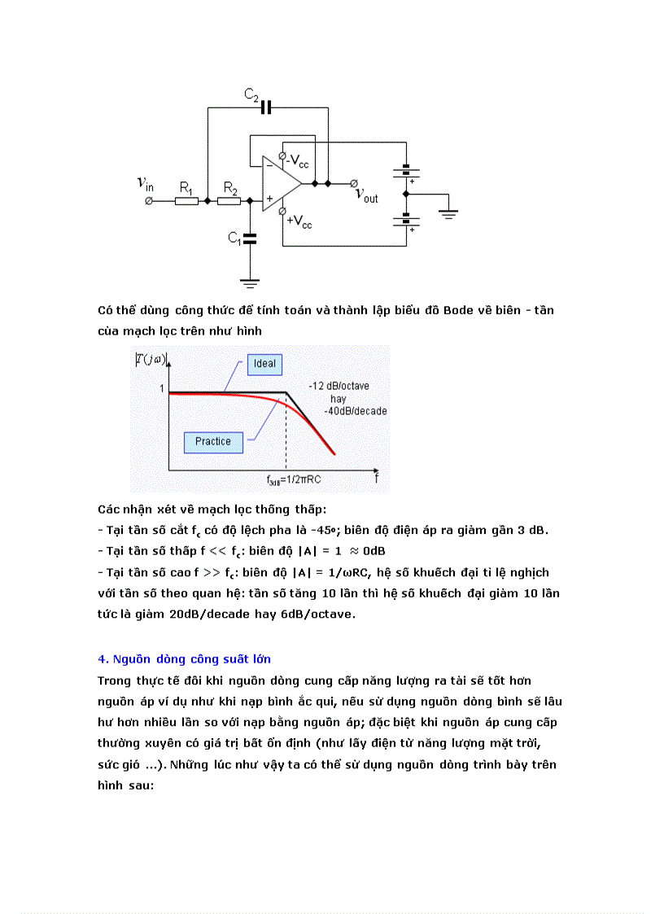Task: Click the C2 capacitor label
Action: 251,95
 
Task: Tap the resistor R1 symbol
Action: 187,200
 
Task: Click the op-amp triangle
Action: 279,184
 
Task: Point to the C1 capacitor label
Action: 234,238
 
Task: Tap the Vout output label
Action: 366,195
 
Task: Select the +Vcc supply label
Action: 299,221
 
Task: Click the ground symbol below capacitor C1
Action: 250,282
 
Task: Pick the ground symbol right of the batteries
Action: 448,213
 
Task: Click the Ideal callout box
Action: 264,363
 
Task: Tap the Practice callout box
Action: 212,441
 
